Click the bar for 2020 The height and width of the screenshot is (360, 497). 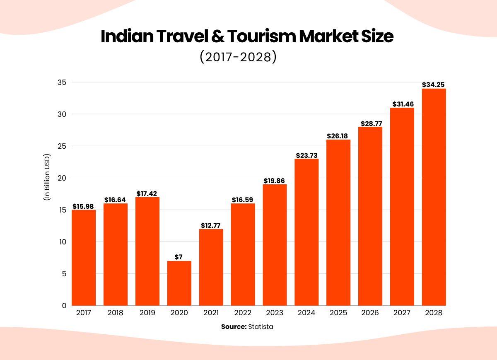pyautogui.click(x=179, y=283)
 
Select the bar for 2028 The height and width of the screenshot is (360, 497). pyautogui.click(x=434, y=197)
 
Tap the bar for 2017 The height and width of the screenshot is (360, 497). pyautogui.click(x=84, y=258)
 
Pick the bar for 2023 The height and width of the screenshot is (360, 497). pyautogui.click(x=275, y=245)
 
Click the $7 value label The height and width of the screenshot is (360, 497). pyautogui.click(x=179, y=257)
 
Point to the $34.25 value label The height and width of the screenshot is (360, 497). pyautogui.click(x=434, y=85)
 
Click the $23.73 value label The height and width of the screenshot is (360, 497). pyautogui.click(x=306, y=155)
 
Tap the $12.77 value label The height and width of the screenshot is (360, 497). pyautogui.click(x=211, y=225)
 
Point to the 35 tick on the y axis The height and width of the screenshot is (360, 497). pyautogui.click(x=62, y=82)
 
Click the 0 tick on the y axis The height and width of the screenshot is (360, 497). pyautogui.click(x=64, y=306)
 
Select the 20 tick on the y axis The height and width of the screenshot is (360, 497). pyautogui.click(x=62, y=178)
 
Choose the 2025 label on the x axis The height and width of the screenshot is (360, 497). pyautogui.click(x=338, y=313)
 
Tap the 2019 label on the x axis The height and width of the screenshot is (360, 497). pyautogui.click(x=147, y=313)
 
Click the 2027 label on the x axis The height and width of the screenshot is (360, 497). pyautogui.click(x=402, y=313)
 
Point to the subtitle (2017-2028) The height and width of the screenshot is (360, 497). pyautogui.click(x=238, y=56)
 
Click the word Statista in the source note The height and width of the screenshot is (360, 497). pyautogui.click(x=261, y=326)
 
